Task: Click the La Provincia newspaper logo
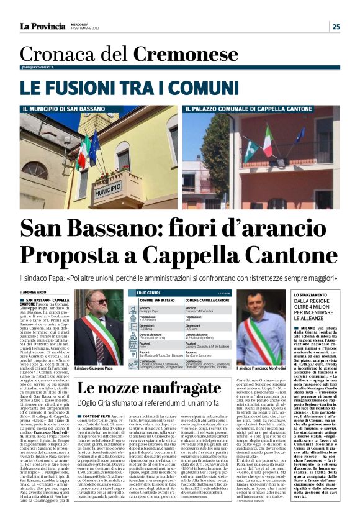42,26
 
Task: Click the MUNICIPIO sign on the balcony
109,188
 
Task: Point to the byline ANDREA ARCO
38,291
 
